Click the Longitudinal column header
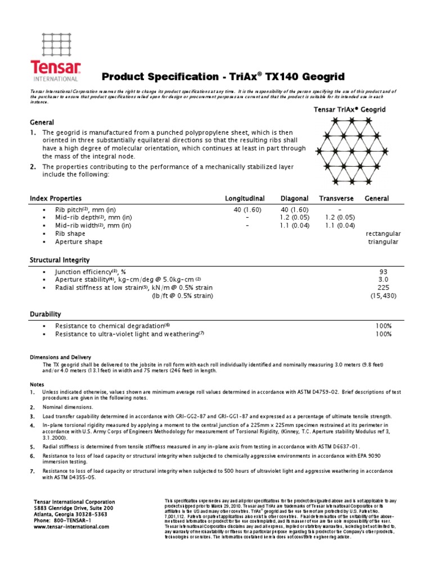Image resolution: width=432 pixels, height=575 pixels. coord(245,199)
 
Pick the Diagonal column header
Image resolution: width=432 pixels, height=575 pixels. coord(295,199)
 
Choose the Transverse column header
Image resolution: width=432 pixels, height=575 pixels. coord(336,199)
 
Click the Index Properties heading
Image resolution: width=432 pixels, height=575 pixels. coord(55,199)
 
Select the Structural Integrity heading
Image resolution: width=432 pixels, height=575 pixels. coord(59,261)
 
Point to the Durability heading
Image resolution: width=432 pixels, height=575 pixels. coord(45,314)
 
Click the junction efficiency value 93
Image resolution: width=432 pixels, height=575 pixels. coord(384,271)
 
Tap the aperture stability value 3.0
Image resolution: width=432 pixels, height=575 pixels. coord(384,280)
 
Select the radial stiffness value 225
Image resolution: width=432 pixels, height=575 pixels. coord(384,288)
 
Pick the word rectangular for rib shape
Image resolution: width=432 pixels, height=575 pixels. coord(383,233)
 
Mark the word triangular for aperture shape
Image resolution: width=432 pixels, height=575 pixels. coord(383,242)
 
